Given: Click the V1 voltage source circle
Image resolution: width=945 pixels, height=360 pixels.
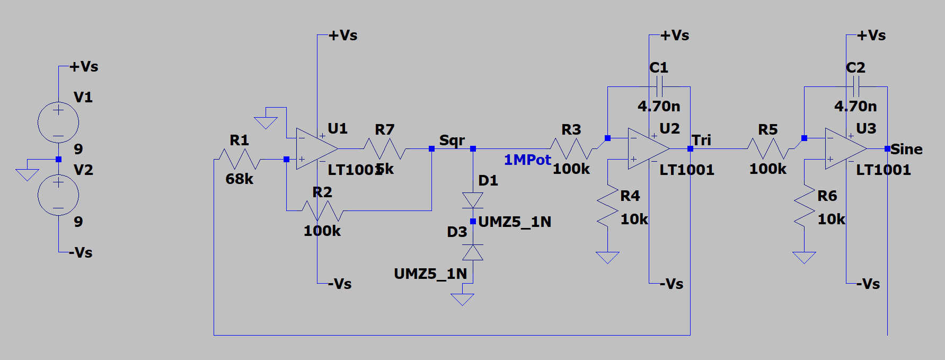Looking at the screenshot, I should pos(58,122).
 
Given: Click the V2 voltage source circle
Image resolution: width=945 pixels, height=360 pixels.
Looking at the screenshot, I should pos(58,195).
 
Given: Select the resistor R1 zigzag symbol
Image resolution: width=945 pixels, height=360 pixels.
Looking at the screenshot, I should pos(239,159).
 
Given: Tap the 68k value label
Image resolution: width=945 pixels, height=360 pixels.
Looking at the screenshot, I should pos(239,179).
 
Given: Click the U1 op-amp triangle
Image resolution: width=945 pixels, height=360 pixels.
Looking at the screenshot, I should pos(315,149).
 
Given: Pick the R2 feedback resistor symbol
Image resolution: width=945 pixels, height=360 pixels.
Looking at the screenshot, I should pos(322,210).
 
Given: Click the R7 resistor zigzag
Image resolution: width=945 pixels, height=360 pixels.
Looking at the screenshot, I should pos(385,149).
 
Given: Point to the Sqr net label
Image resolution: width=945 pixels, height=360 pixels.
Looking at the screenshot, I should pos(452,141).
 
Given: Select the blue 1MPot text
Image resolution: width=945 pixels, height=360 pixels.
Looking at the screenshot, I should pos(527,160).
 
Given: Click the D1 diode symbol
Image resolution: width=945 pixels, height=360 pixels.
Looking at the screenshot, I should pos(473,200).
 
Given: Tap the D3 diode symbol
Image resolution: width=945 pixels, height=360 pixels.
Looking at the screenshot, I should pos(473,252).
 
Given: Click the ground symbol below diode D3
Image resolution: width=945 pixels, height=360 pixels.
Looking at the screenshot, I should pos(462,300).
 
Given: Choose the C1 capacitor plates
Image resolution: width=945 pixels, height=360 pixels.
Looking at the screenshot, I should pos(659,86).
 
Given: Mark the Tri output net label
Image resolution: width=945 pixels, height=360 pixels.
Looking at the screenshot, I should pos(701,141).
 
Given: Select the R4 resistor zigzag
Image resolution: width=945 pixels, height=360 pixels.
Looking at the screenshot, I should pos(607,207).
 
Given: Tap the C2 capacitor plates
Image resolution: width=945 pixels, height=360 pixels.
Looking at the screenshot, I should pos(856,86).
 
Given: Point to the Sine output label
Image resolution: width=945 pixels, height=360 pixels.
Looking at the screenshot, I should pos(906,150).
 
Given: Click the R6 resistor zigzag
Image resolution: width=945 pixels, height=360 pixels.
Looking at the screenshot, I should pos(804,207).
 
